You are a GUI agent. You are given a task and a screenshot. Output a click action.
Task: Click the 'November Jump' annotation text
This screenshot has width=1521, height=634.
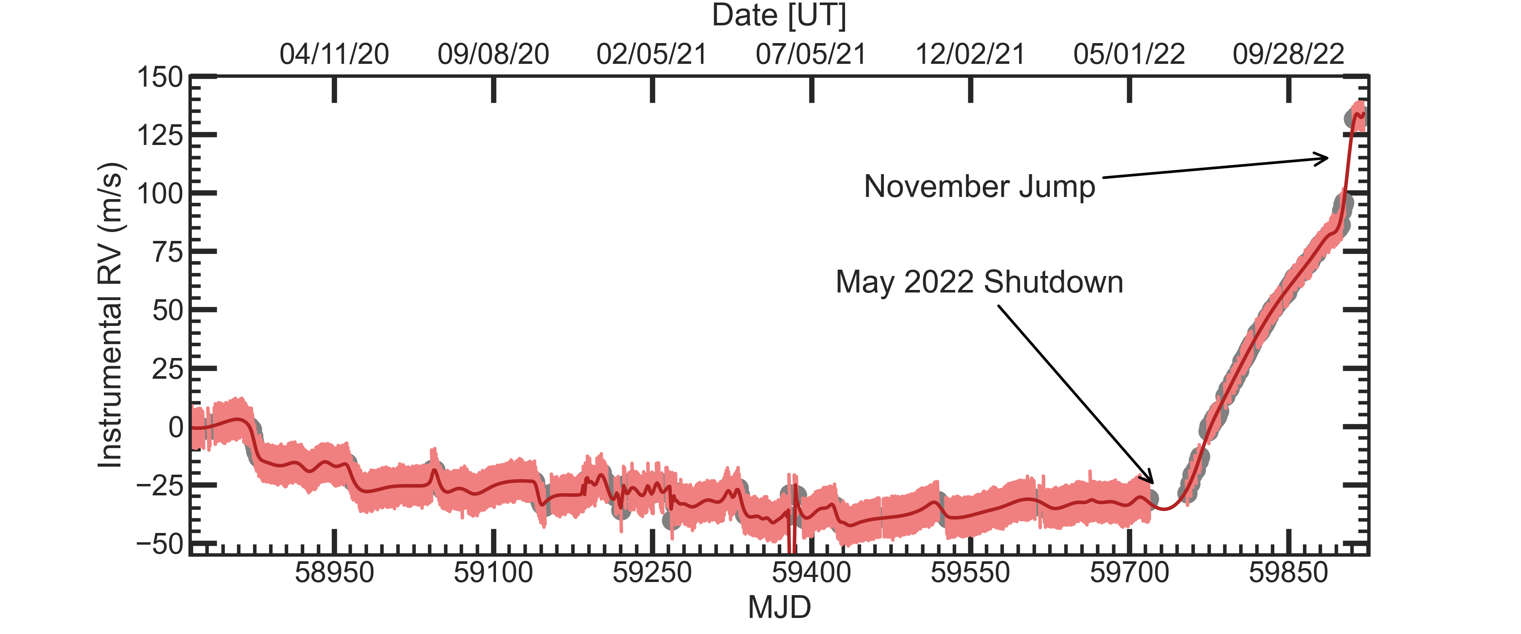[x=979, y=187]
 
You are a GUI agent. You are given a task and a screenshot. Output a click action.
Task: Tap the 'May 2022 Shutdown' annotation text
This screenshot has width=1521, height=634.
[x=979, y=282]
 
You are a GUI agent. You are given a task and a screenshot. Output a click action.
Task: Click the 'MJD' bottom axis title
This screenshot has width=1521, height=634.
[x=780, y=607]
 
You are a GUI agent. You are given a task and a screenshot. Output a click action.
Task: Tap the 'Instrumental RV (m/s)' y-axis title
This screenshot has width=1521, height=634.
[x=110, y=315]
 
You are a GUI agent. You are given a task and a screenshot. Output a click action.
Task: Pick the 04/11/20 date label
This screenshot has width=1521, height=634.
[x=334, y=55]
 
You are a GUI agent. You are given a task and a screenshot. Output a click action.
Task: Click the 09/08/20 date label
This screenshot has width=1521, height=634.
[x=493, y=55]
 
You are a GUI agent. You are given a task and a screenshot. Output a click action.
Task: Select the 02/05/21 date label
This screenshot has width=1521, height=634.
[x=652, y=55]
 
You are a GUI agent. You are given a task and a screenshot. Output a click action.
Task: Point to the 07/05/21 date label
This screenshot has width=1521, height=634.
[x=811, y=55]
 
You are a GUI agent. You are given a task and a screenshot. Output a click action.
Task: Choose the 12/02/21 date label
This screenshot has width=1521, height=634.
[x=970, y=55]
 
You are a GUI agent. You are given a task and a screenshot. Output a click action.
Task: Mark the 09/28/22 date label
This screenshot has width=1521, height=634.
[x=1288, y=55]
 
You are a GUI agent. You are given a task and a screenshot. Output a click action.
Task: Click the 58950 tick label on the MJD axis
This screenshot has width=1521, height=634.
[x=334, y=573]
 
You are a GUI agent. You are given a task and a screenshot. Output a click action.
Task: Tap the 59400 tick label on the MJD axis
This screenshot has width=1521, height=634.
[x=811, y=573]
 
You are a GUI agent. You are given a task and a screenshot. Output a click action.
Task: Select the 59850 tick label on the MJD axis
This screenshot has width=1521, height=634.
[x=1288, y=573]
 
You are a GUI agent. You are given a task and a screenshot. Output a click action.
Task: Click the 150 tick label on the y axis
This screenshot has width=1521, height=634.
[x=160, y=77]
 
